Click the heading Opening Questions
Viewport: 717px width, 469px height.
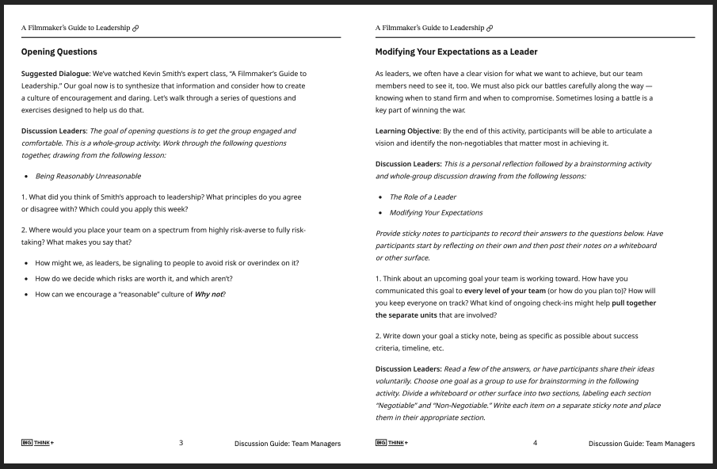click(59, 52)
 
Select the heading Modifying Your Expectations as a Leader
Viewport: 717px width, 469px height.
click(456, 52)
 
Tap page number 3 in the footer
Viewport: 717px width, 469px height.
click(181, 443)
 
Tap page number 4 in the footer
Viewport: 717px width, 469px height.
click(535, 443)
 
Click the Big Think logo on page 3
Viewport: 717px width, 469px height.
click(37, 443)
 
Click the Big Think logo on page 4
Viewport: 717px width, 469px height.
click(391, 443)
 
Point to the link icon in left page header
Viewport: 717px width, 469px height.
click(135, 29)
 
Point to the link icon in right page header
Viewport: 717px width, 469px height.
click(490, 29)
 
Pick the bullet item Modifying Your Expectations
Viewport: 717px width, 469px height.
click(436, 212)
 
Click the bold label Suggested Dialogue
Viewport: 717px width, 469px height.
click(55, 73)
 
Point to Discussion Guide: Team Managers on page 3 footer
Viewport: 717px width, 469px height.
click(288, 444)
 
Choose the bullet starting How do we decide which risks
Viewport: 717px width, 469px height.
click(134, 279)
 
